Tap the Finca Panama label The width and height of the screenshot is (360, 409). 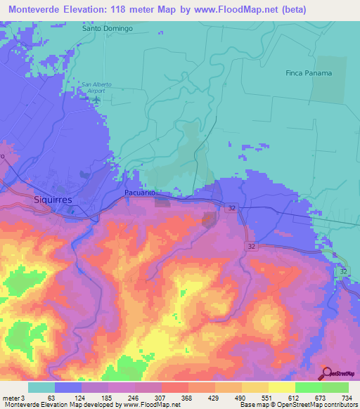[x=308, y=73]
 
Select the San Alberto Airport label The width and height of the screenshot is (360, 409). [x=97, y=87]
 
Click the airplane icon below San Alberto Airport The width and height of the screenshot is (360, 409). [x=97, y=99]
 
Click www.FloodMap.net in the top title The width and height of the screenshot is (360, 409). [x=254, y=8]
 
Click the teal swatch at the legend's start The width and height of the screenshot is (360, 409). [x=41, y=387]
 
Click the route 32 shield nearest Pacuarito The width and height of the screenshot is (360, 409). [x=231, y=208]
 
